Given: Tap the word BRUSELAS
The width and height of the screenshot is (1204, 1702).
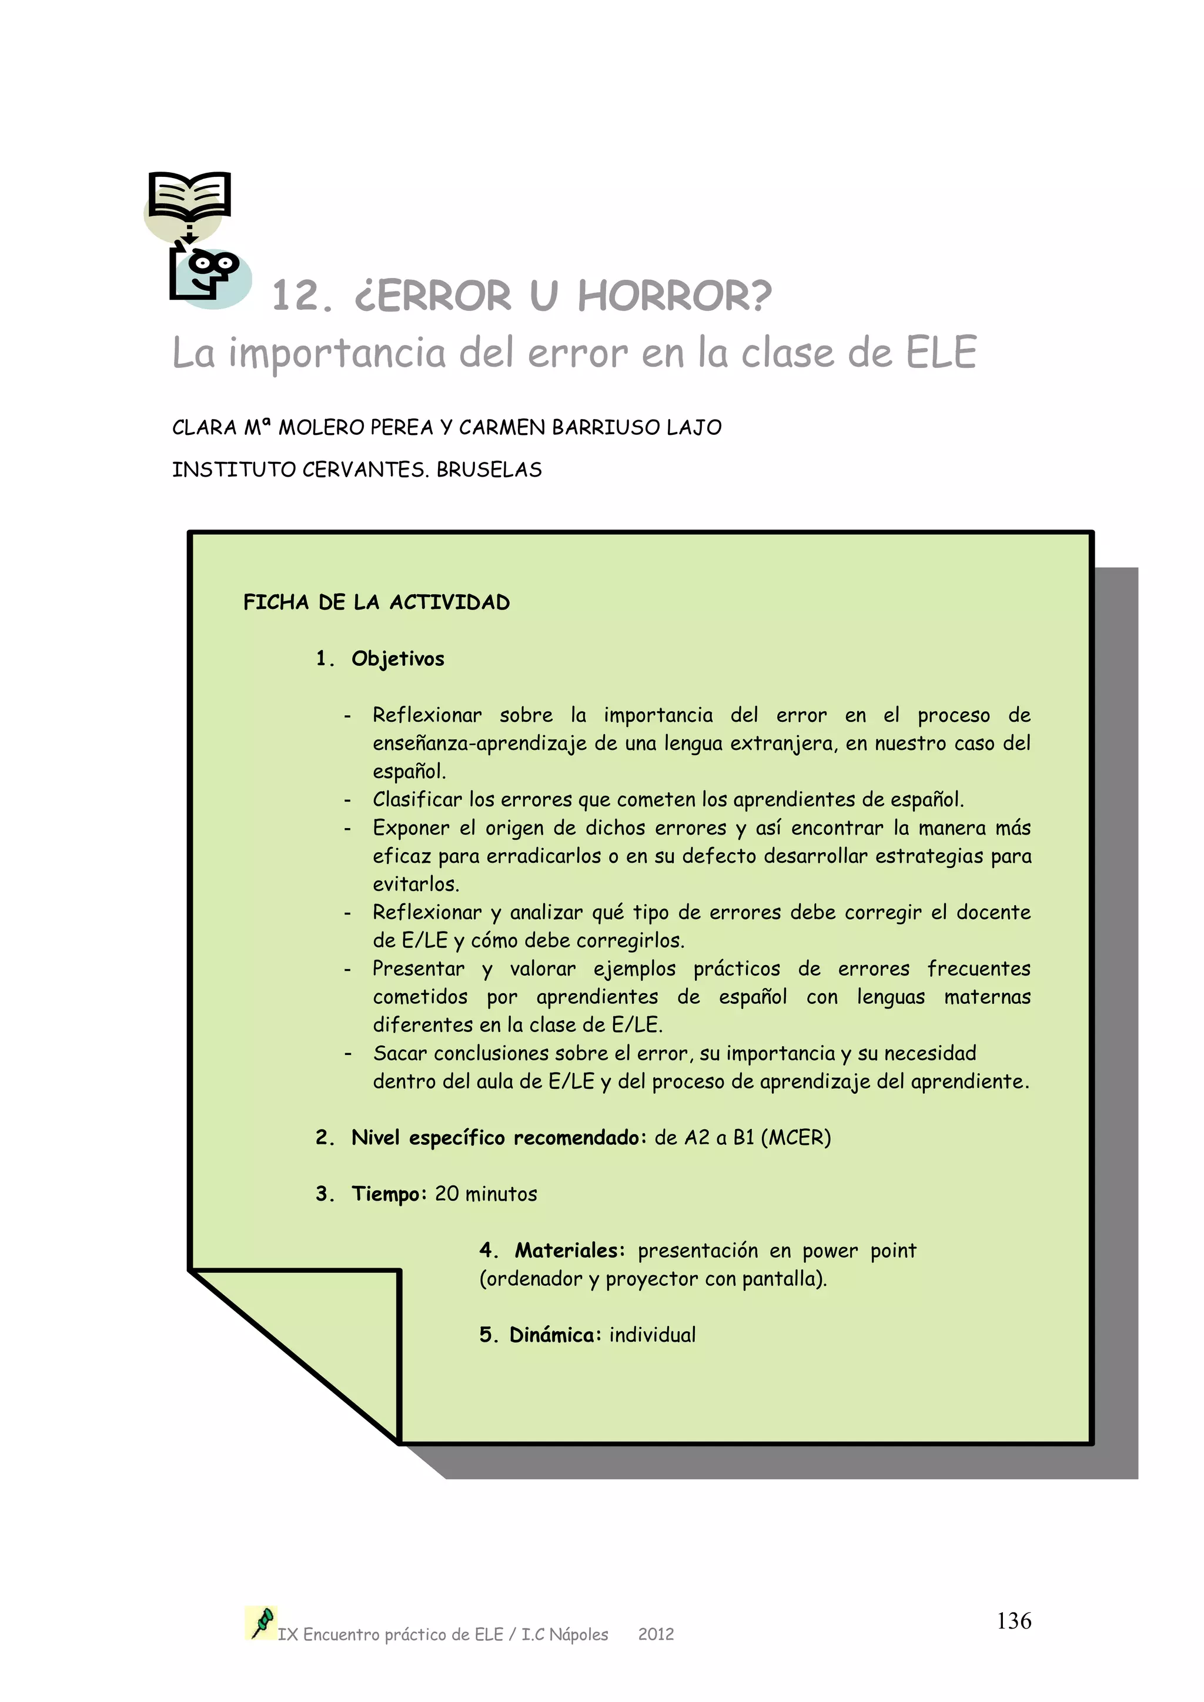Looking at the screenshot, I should click(x=489, y=470).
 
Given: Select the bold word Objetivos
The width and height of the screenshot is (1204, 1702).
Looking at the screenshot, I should click(x=397, y=659).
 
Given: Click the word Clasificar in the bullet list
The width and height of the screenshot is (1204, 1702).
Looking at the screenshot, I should click(x=417, y=800).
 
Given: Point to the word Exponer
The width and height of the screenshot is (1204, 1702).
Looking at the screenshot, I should click(x=411, y=828).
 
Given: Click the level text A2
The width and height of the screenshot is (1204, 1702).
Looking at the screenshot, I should click(x=697, y=1138).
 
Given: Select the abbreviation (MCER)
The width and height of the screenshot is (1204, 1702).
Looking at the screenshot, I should click(x=795, y=1138).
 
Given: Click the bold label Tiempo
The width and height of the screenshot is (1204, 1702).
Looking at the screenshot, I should click(x=389, y=1194).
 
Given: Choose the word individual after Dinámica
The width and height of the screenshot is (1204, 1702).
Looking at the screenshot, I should click(x=653, y=1335).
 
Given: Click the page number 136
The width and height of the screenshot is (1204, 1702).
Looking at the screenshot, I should click(x=1014, y=1621).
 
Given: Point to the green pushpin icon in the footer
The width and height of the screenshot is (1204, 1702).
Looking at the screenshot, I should click(x=261, y=1623).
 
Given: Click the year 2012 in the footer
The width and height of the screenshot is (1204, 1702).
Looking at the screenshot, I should click(x=656, y=1634).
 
